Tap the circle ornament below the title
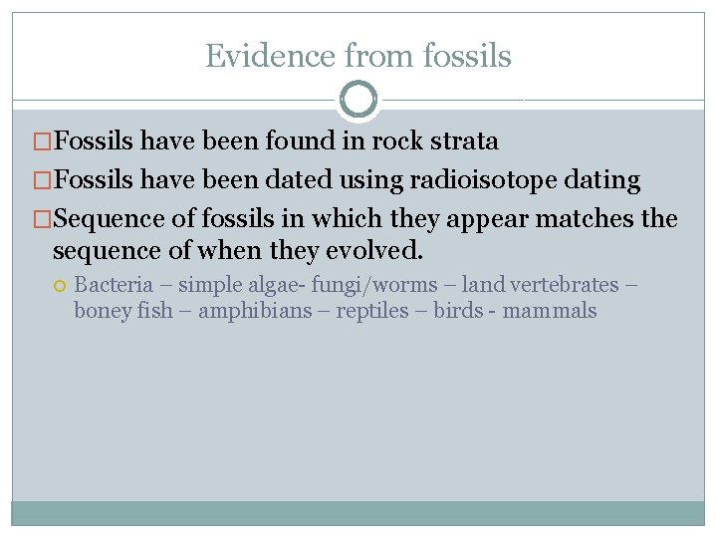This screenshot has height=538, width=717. (x=358, y=100)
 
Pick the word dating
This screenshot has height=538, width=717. (x=603, y=180)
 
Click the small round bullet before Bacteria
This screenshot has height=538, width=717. (x=62, y=286)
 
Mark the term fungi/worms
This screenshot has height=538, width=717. (x=374, y=285)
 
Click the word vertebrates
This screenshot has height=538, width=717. (x=564, y=285)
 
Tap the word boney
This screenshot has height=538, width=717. (x=104, y=311)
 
